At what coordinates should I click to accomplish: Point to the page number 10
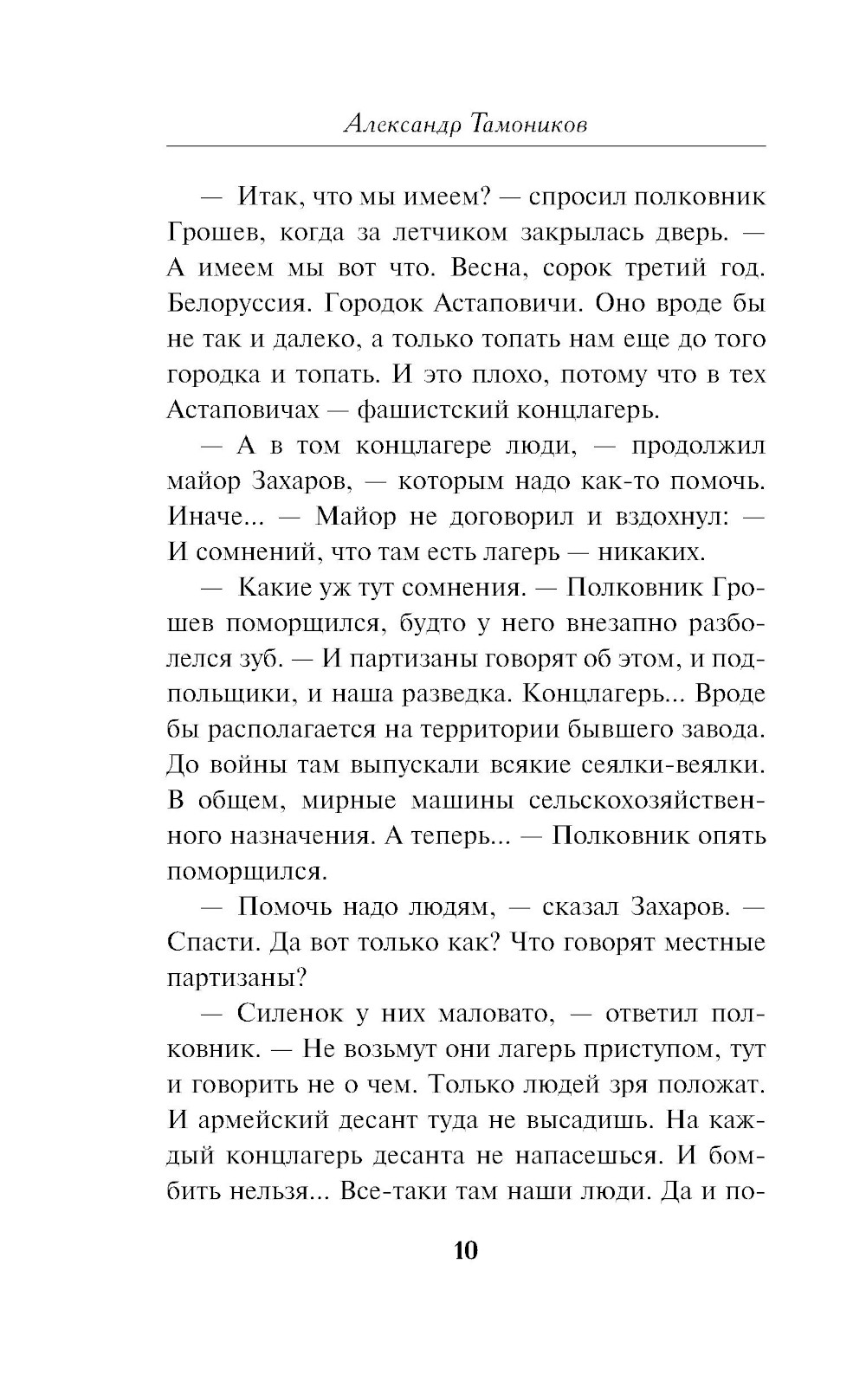pos(465,1251)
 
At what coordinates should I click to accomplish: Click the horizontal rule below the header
pos(466,147)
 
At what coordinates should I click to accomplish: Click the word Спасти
pos(210,941)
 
